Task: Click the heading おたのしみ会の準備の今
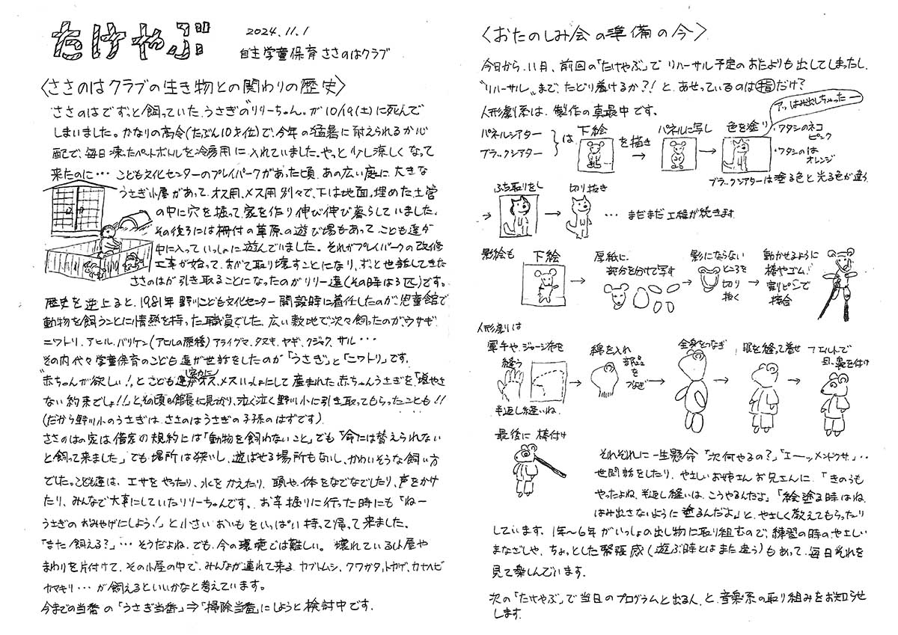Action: click(x=595, y=33)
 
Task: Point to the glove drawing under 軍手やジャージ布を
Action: click(x=509, y=385)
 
